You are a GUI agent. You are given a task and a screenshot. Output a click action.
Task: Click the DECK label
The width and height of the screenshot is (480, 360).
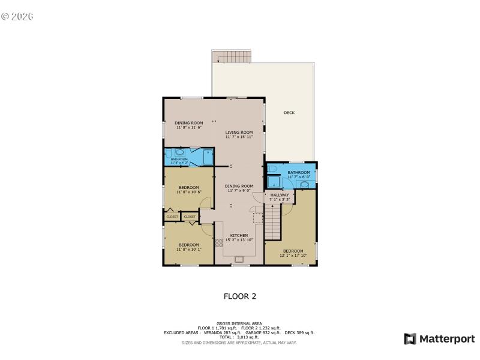289,113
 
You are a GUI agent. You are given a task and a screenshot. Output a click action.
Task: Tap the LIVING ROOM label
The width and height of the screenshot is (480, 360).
239,133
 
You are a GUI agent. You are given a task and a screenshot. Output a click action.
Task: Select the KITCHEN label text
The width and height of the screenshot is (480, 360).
239,235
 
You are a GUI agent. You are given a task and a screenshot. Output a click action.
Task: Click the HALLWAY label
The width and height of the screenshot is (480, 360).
280,195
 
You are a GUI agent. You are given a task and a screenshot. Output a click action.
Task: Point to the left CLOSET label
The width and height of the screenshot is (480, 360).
172,217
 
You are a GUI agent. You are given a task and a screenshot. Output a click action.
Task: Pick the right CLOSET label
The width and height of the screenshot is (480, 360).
190,217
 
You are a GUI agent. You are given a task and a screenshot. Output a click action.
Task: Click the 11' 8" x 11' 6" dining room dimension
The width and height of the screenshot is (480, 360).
188,128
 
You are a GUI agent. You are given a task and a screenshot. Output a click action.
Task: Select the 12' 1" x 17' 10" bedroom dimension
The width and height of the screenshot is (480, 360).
293,255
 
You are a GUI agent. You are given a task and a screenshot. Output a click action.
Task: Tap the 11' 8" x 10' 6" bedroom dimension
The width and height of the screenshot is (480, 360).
188,193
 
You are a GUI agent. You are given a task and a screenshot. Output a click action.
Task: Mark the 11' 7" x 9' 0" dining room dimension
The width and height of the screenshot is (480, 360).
239,190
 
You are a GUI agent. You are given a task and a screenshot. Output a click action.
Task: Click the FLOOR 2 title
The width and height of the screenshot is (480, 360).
240,296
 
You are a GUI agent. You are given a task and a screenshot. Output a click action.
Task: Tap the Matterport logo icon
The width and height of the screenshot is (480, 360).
410,339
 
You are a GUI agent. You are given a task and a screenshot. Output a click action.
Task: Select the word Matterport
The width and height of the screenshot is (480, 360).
446,339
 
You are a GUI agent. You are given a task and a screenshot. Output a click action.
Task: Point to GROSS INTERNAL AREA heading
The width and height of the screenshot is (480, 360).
239,323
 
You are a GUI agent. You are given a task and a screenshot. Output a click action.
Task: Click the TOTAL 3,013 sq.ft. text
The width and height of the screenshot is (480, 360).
239,337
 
